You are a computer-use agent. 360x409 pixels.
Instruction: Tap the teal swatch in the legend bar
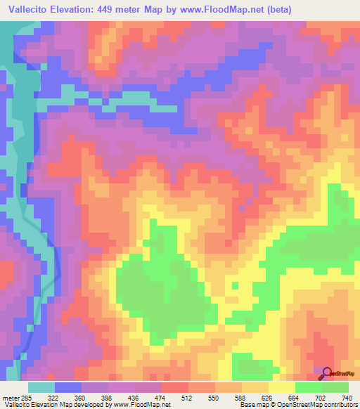click(x=41, y=387)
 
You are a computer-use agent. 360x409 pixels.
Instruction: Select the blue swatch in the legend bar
click(x=68, y=387)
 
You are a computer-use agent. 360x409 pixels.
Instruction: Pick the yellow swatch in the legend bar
click(x=282, y=387)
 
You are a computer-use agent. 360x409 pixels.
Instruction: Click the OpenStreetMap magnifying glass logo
click(x=327, y=373)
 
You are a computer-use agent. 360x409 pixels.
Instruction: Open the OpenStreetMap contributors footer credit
click(x=323, y=405)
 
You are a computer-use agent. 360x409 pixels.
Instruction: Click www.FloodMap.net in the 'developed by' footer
click(x=141, y=405)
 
